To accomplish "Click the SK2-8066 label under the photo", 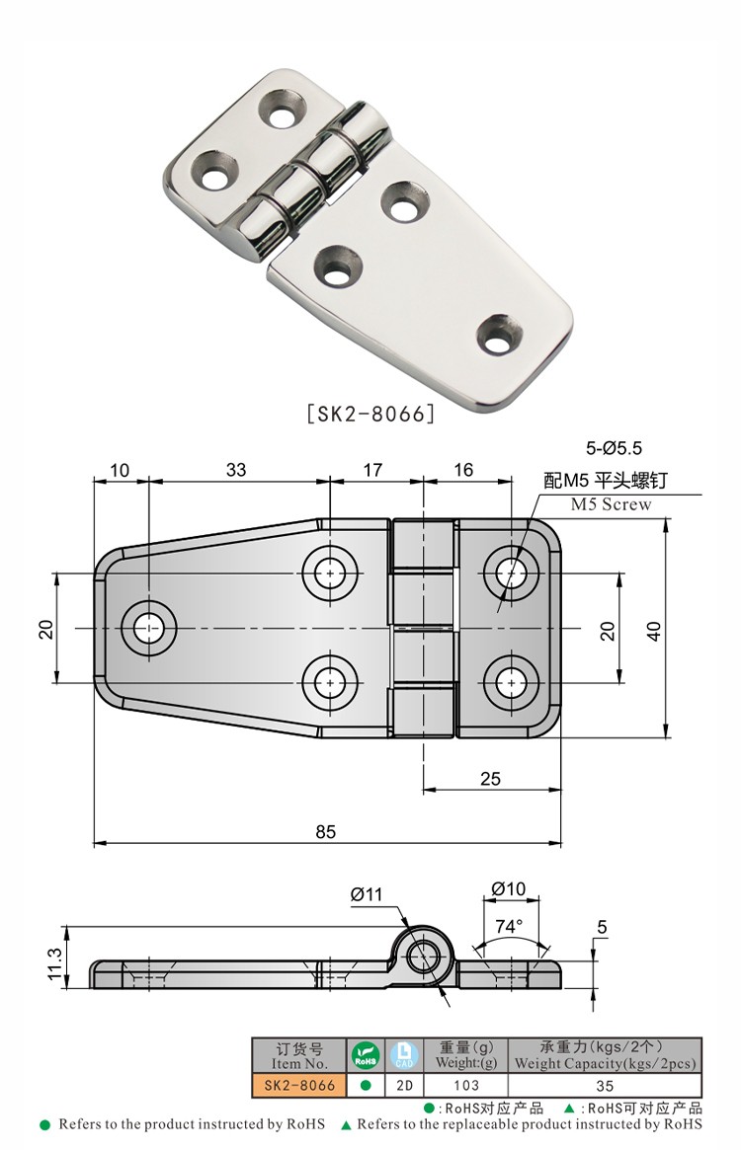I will tap(370, 414).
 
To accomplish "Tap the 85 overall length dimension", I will tap(326, 831).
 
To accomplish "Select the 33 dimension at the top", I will tap(235, 470).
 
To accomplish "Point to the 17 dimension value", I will tap(372, 470).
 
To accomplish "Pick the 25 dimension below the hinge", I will tap(490, 778).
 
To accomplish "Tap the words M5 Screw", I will tap(612, 504).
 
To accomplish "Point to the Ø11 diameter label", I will tap(366, 894).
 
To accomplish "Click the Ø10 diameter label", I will tap(508, 888).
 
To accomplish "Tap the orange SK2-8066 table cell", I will tap(298, 1085).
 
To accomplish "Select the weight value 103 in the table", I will tap(465, 1085).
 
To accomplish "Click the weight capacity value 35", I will tap(605, 1085).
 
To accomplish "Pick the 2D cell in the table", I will tap(403, 1085).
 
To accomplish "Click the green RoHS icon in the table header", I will tap(366, 1055).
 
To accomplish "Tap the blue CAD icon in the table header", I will tap(403, 1055).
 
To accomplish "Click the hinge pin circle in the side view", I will tap(425, 955).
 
